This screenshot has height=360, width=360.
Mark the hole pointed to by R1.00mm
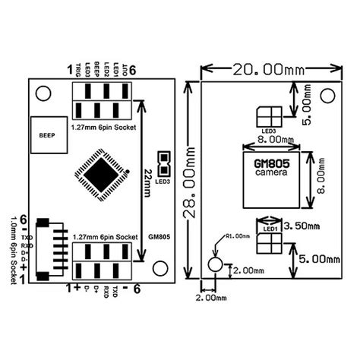pos(216,267)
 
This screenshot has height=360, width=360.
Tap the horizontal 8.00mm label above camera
pos(270,141)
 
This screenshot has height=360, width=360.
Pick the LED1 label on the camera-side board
pos(270,228)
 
